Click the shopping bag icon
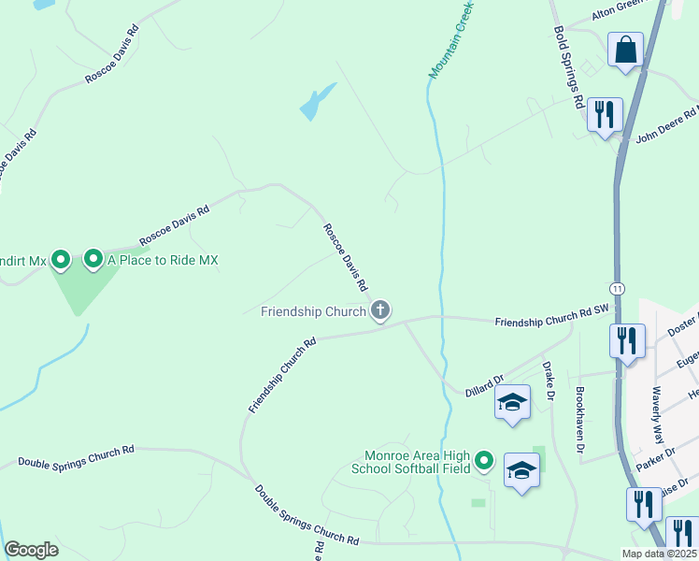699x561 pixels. [x=625, y=50]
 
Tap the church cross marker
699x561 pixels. [x=379, y=309]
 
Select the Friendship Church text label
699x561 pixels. [x=313, y=310]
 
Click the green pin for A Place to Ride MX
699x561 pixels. [x=93, y=258]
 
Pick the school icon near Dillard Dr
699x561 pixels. [x=512, y=402]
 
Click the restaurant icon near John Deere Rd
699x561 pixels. [x=605, y=114]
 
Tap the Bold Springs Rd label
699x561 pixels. [x=569, y=66]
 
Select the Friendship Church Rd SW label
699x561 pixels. [x=551, y=322]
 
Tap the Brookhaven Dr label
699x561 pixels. [x=580, y=420]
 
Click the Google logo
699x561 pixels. [x=31, y=550]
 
